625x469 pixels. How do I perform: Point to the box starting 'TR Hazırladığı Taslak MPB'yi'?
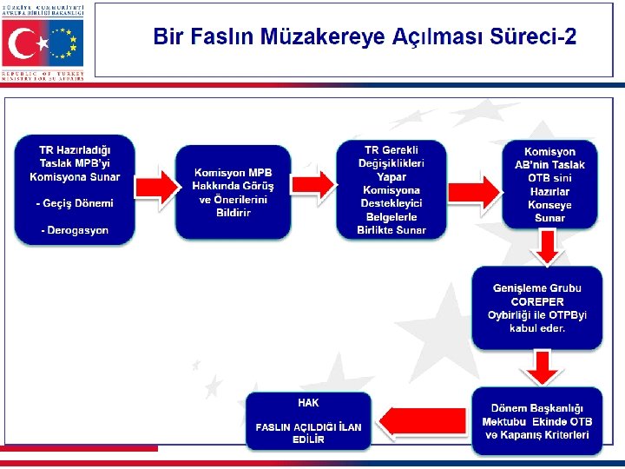[74, 188]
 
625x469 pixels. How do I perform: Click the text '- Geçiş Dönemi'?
[75, 203]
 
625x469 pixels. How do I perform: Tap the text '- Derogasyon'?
[75, 230]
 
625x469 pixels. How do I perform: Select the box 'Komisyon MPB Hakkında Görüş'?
[234, 192]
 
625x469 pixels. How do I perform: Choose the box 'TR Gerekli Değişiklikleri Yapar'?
[391, 189]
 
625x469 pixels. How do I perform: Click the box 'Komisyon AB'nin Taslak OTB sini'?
[549, 185]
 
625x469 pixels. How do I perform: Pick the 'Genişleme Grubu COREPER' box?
[537, 308]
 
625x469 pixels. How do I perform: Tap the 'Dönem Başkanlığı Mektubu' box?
[536, 421]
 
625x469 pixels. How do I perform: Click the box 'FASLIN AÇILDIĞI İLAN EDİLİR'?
[308, 421]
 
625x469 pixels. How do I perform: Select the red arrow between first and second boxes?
[154, 185]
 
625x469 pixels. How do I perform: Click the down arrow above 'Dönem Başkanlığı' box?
[543, 368]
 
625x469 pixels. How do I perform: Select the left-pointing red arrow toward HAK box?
[423, 421]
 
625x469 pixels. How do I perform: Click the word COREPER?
[537, 301]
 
